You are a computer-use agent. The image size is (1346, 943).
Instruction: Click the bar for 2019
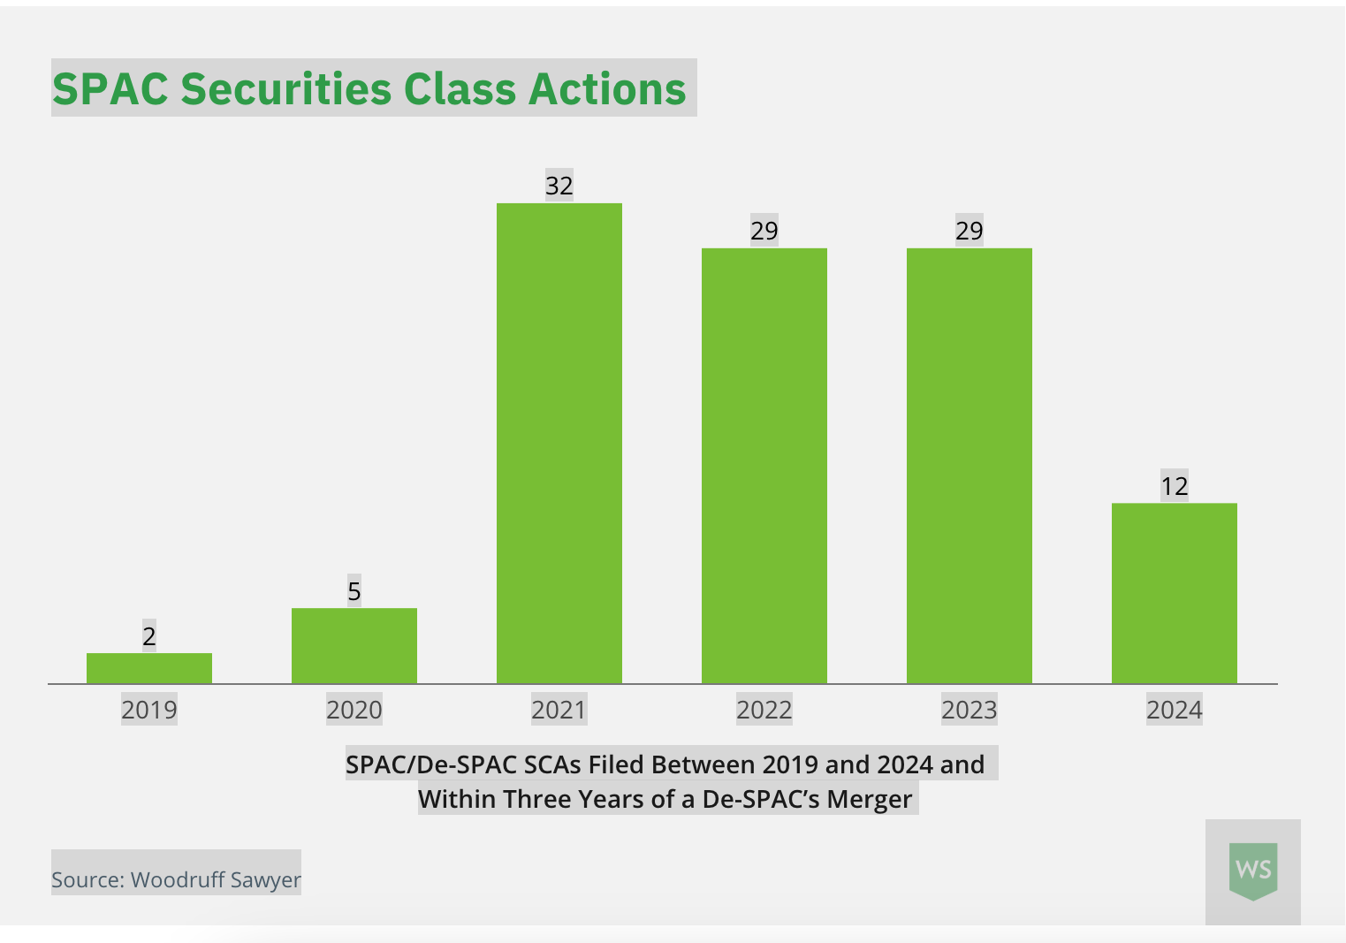tap(149, 668)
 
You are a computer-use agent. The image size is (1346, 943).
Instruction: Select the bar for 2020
tap(354, 645)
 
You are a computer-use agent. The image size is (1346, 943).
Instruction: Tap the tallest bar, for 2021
tap(559, 443)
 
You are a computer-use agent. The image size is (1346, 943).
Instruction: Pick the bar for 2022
tap(764, 466)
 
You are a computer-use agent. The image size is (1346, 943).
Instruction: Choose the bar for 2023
tap(970, 466)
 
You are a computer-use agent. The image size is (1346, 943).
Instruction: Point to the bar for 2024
tap(1175, 593)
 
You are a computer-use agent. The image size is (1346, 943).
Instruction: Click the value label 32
tap(559, 186)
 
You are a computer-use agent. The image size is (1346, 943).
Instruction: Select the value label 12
tap(1175, 486)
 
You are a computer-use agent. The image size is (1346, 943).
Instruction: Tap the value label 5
tap(354, 591)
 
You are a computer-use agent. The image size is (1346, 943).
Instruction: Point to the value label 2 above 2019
tap(149, 636)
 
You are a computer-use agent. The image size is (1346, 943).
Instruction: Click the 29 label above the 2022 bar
tap(764, 231)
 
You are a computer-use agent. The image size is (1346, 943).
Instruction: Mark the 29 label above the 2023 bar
tap(970, 231)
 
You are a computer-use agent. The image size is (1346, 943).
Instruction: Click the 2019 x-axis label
tap(149, 710)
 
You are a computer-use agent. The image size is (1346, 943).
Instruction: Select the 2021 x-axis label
tap(559, 710)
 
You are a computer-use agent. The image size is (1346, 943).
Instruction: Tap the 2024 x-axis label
tap(1175, 710)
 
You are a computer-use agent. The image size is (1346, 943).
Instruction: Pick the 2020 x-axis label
tap(354, 710)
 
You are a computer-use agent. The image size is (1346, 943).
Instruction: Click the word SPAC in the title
tap(110, 89)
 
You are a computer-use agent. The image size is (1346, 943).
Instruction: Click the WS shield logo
tap(1253, 871)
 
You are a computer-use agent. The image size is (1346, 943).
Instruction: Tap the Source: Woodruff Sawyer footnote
tap(176, 879)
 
